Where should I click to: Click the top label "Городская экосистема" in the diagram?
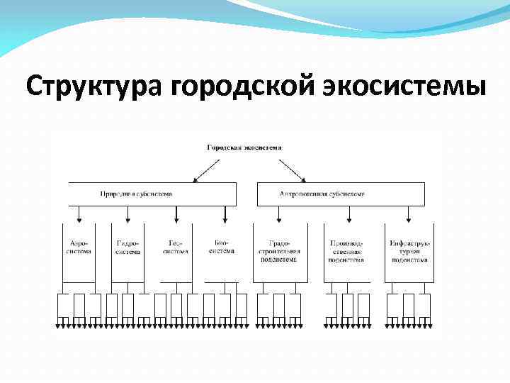click(244, 148)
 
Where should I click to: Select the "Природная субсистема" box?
click(152, 194)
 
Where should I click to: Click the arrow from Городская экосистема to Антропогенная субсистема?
click(291, 169)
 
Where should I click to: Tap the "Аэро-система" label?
click(78, 247)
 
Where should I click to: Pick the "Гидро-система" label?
click(127, 247)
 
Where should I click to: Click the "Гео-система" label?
click(176, 247)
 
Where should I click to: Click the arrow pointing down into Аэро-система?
click(79, 214)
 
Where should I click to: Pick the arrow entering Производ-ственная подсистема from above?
click(347, 214)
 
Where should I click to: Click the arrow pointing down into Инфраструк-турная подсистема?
click(409, 214)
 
